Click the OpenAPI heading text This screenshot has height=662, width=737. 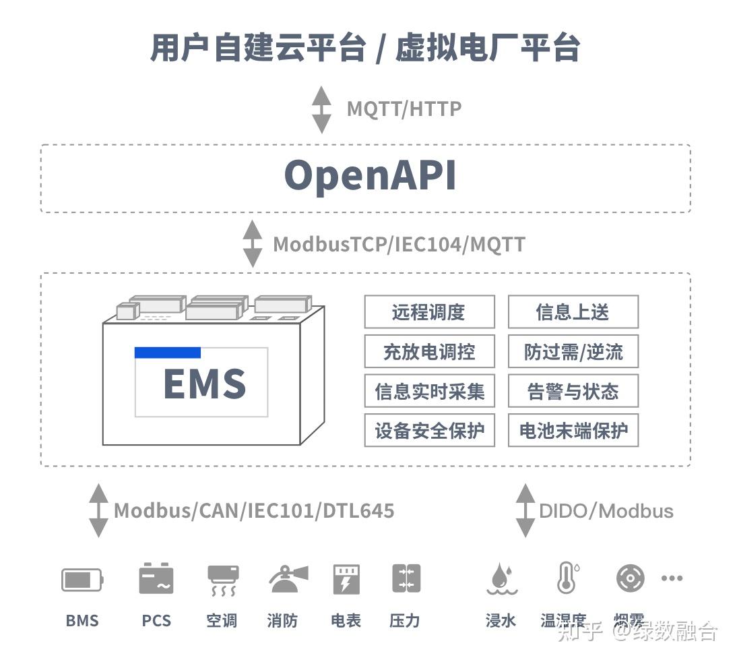click(x=370, y=177)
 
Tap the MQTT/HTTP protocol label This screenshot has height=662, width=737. click(x=404, y=109)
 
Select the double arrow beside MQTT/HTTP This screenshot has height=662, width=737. click(x=321, y=109)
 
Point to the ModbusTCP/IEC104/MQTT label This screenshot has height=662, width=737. click(x=399, y=244)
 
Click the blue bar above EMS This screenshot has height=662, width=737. click(x=168, y=353)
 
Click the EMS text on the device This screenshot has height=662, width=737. click(x=204, y=384)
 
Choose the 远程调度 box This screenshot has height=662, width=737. click(x=429, y=312)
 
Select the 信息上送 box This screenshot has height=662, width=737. click(x=573, y=312)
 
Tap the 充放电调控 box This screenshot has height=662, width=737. click(x=429, y=352)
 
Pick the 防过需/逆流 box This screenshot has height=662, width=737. click(x=573, y=352)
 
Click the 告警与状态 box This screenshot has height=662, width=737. click(x=573, y=392)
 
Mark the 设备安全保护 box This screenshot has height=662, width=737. click(x=429, y=431)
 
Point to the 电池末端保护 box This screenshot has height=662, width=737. click(x=573, y=431)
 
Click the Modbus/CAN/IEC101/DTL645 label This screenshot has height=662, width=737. click(x=254, y=510)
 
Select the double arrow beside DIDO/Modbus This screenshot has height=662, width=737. click(x=525, y=510)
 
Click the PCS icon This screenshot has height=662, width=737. click(x=156, y=579)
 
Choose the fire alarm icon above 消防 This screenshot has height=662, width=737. click(x=288, y=579)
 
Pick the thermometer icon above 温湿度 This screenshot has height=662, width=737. click(x=567, y=578)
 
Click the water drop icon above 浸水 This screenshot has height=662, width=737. click(x=501, y=579)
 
